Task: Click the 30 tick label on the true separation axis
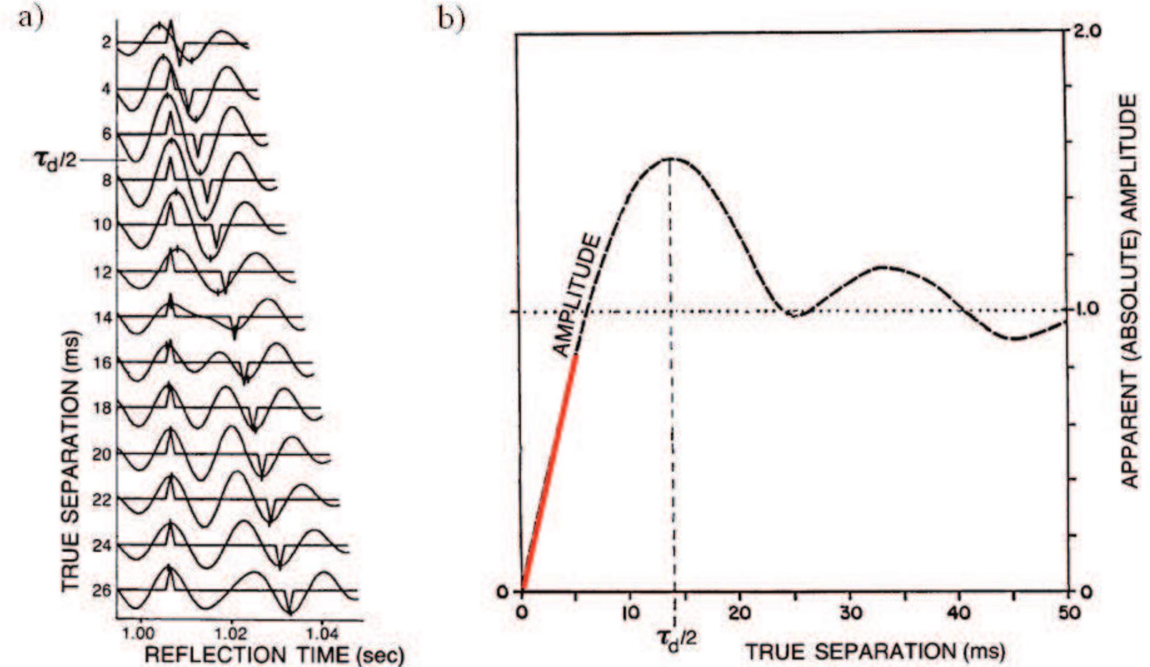click(x=850, y=612)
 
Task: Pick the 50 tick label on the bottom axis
click(x=1068, y=612)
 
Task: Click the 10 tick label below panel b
click(x=630, y=612)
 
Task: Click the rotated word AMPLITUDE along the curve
click(x=575, y=295)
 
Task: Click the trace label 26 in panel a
click(x=102, y=591)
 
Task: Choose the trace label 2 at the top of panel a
click(x=106, y=42)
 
